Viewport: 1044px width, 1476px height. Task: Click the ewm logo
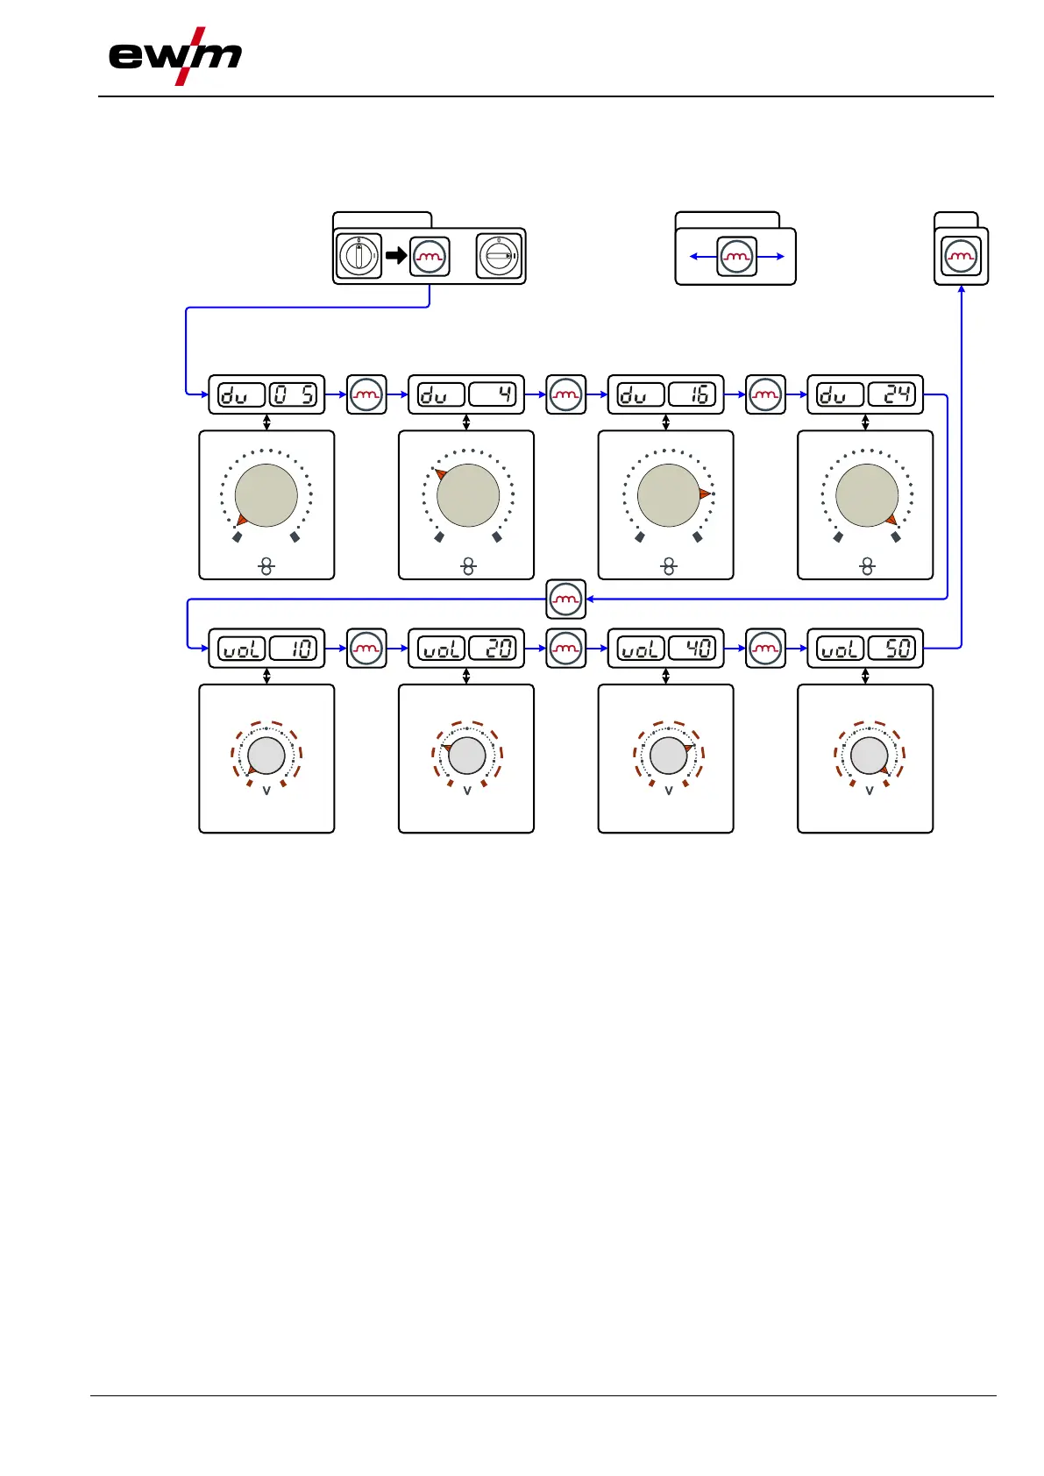pos(175,57)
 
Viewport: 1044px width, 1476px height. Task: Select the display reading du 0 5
pos(266,394)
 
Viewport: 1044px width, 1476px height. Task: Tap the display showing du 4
pos(466,394)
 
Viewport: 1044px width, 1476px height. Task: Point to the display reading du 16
pos(665,394)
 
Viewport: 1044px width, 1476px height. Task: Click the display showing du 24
pos(865,394)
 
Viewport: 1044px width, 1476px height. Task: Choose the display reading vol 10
pos(266,649)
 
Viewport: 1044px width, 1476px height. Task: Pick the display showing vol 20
pos(466,649)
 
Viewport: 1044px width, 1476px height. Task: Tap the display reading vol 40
pos(665,649)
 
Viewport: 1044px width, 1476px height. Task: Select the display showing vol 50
pos(865,649)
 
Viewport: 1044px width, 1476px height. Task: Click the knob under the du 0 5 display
pos(266,495)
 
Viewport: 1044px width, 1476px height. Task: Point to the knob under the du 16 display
pos(668,495)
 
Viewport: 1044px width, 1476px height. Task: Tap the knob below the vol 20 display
pos(467,756)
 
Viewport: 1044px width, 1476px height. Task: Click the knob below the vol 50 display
pos(870,756)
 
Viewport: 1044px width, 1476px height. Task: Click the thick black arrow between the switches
pos(396,256)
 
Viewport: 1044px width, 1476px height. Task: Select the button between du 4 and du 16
pos(566,394)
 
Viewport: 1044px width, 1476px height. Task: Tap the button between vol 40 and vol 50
pos(765,649)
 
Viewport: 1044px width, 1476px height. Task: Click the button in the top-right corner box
pos(962,257)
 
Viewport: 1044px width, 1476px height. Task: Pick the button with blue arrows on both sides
pos(736,257)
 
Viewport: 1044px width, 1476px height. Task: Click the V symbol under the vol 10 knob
pos(266,790)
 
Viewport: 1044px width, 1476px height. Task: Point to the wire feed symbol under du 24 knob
pos(867,567)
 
